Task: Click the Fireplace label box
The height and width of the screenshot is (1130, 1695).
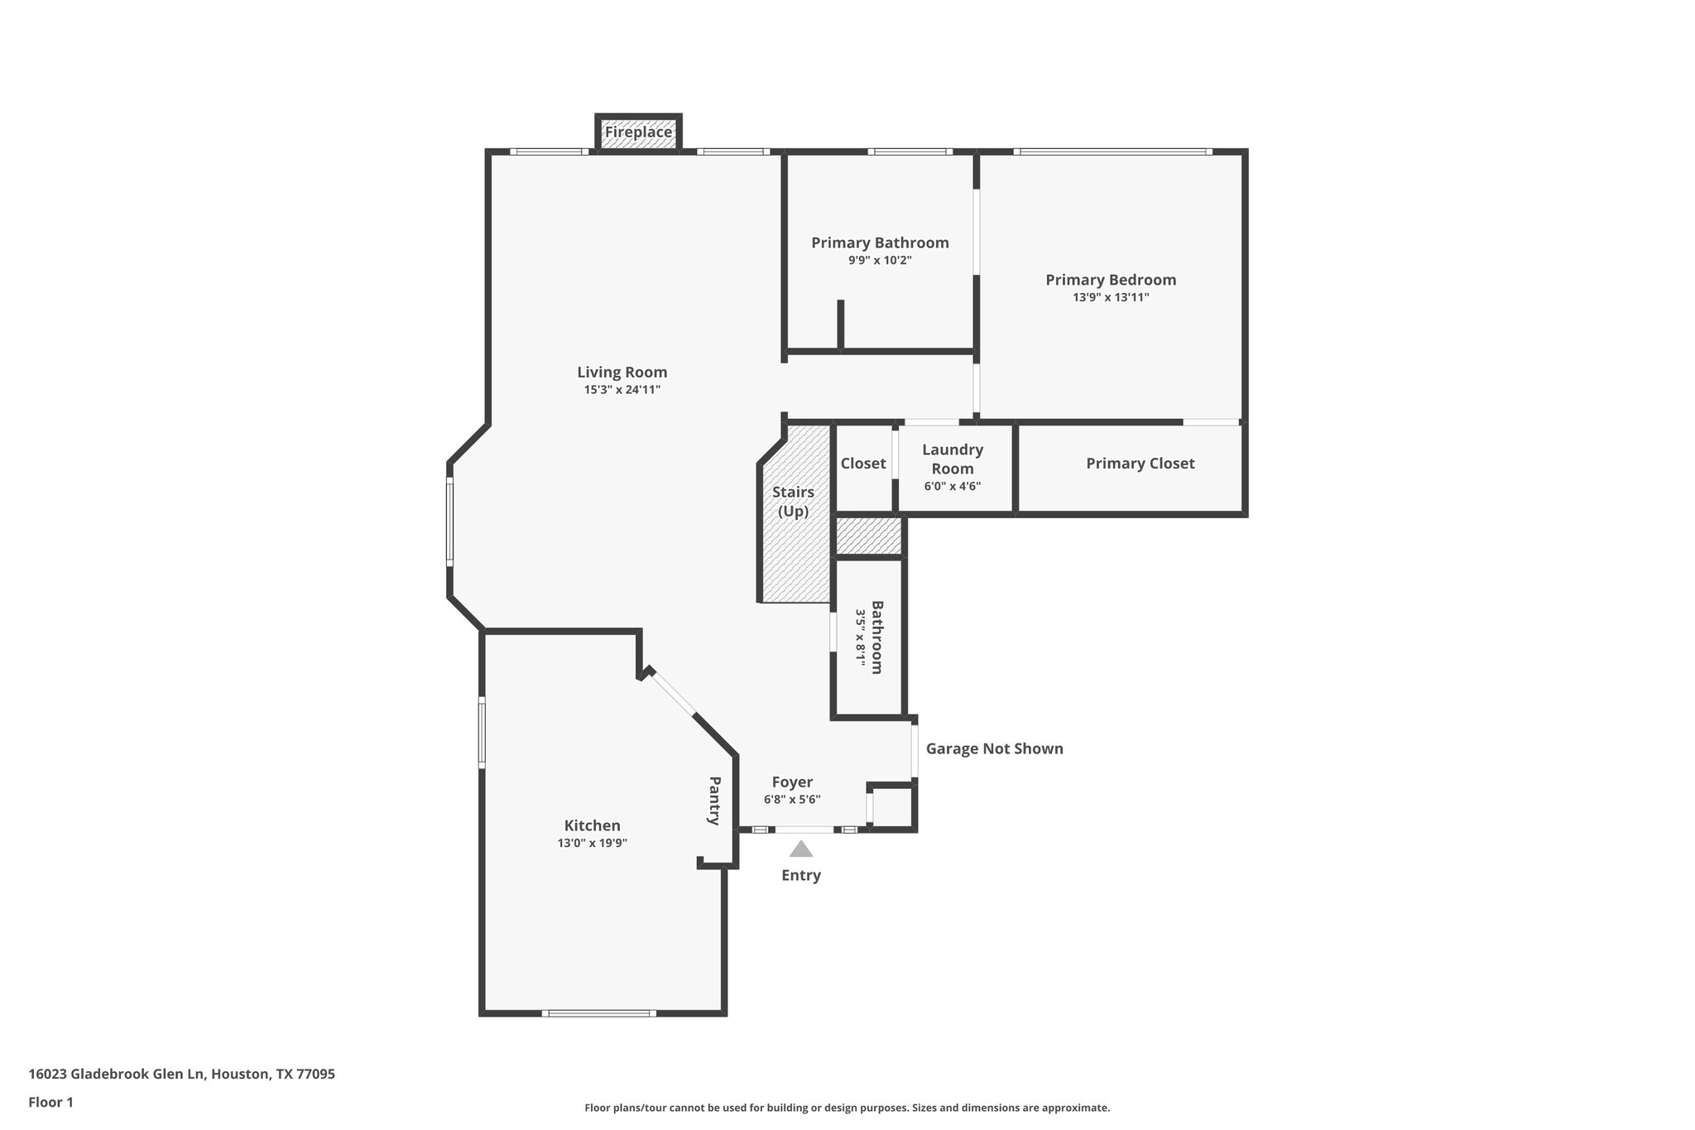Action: click(x=638, y=132)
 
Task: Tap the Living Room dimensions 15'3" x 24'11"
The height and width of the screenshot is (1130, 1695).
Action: click(x=622, y=390)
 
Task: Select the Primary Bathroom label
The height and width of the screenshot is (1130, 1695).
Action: click(x=880, y=243)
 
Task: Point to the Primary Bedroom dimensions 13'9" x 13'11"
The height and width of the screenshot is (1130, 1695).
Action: click(x=1111, y=297)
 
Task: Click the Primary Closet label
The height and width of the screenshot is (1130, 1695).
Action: click(x=1140, y=464)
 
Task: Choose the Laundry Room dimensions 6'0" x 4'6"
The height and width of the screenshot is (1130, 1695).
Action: click(x=953, y=487)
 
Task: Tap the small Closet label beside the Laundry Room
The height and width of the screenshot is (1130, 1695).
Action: click(x=863, y=464)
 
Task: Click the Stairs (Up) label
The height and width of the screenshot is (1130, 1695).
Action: click(x=793, y=502)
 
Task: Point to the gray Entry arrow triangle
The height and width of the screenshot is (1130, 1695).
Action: click(x=800, y=849)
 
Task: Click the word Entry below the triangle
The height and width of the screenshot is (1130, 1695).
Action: click(x=800, y=876)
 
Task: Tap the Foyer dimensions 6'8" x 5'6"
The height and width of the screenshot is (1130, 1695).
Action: click(x=792, y=800)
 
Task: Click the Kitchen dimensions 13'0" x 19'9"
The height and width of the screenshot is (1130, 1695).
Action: click(x=592, y=844)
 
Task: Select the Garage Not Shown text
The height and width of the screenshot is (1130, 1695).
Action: click(x=994, y=749)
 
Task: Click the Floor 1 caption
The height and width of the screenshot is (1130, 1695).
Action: click(x=50, y=1103)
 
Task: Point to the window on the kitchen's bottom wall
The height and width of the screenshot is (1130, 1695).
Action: click(x=598, y=1013)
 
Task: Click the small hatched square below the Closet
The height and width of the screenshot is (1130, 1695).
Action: click(x=867, y=536)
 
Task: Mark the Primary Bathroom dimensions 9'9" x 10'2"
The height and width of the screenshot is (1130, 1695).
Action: click(x=880, y=261)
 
